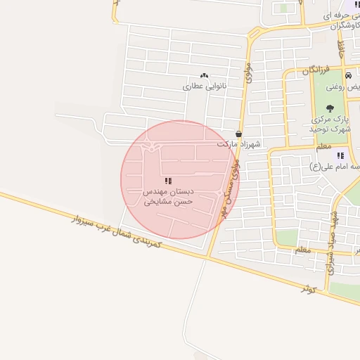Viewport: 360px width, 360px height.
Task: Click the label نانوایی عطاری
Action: pyautogui.click(x=202, y=86)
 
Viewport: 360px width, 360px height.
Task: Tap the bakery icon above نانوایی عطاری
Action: pyautogui.click(x=204, y=75)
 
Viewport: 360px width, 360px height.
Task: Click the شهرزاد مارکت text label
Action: pyautogui.click(x=238, y=144)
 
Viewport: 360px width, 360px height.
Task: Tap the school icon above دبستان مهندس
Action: pyautogui.click(x=168, y=181)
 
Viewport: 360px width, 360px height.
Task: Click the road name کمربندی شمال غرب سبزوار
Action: pyautogui.click(x=117, y=231)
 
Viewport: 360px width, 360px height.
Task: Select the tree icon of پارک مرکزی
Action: pyautogui.click(x=330, y=108)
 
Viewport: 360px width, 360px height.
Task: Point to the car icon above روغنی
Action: pyautogui.click(x=348, y=75)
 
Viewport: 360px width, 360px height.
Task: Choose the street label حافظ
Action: pyautogui.click(x=341, y=49)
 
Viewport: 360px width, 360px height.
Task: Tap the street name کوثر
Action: pyautogui.click(x=310, y=288)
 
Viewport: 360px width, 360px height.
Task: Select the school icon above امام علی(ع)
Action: pyautogui.click(x=340, y=155)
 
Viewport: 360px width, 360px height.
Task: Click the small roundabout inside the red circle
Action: pyautogui.click(x=151, y=148)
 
